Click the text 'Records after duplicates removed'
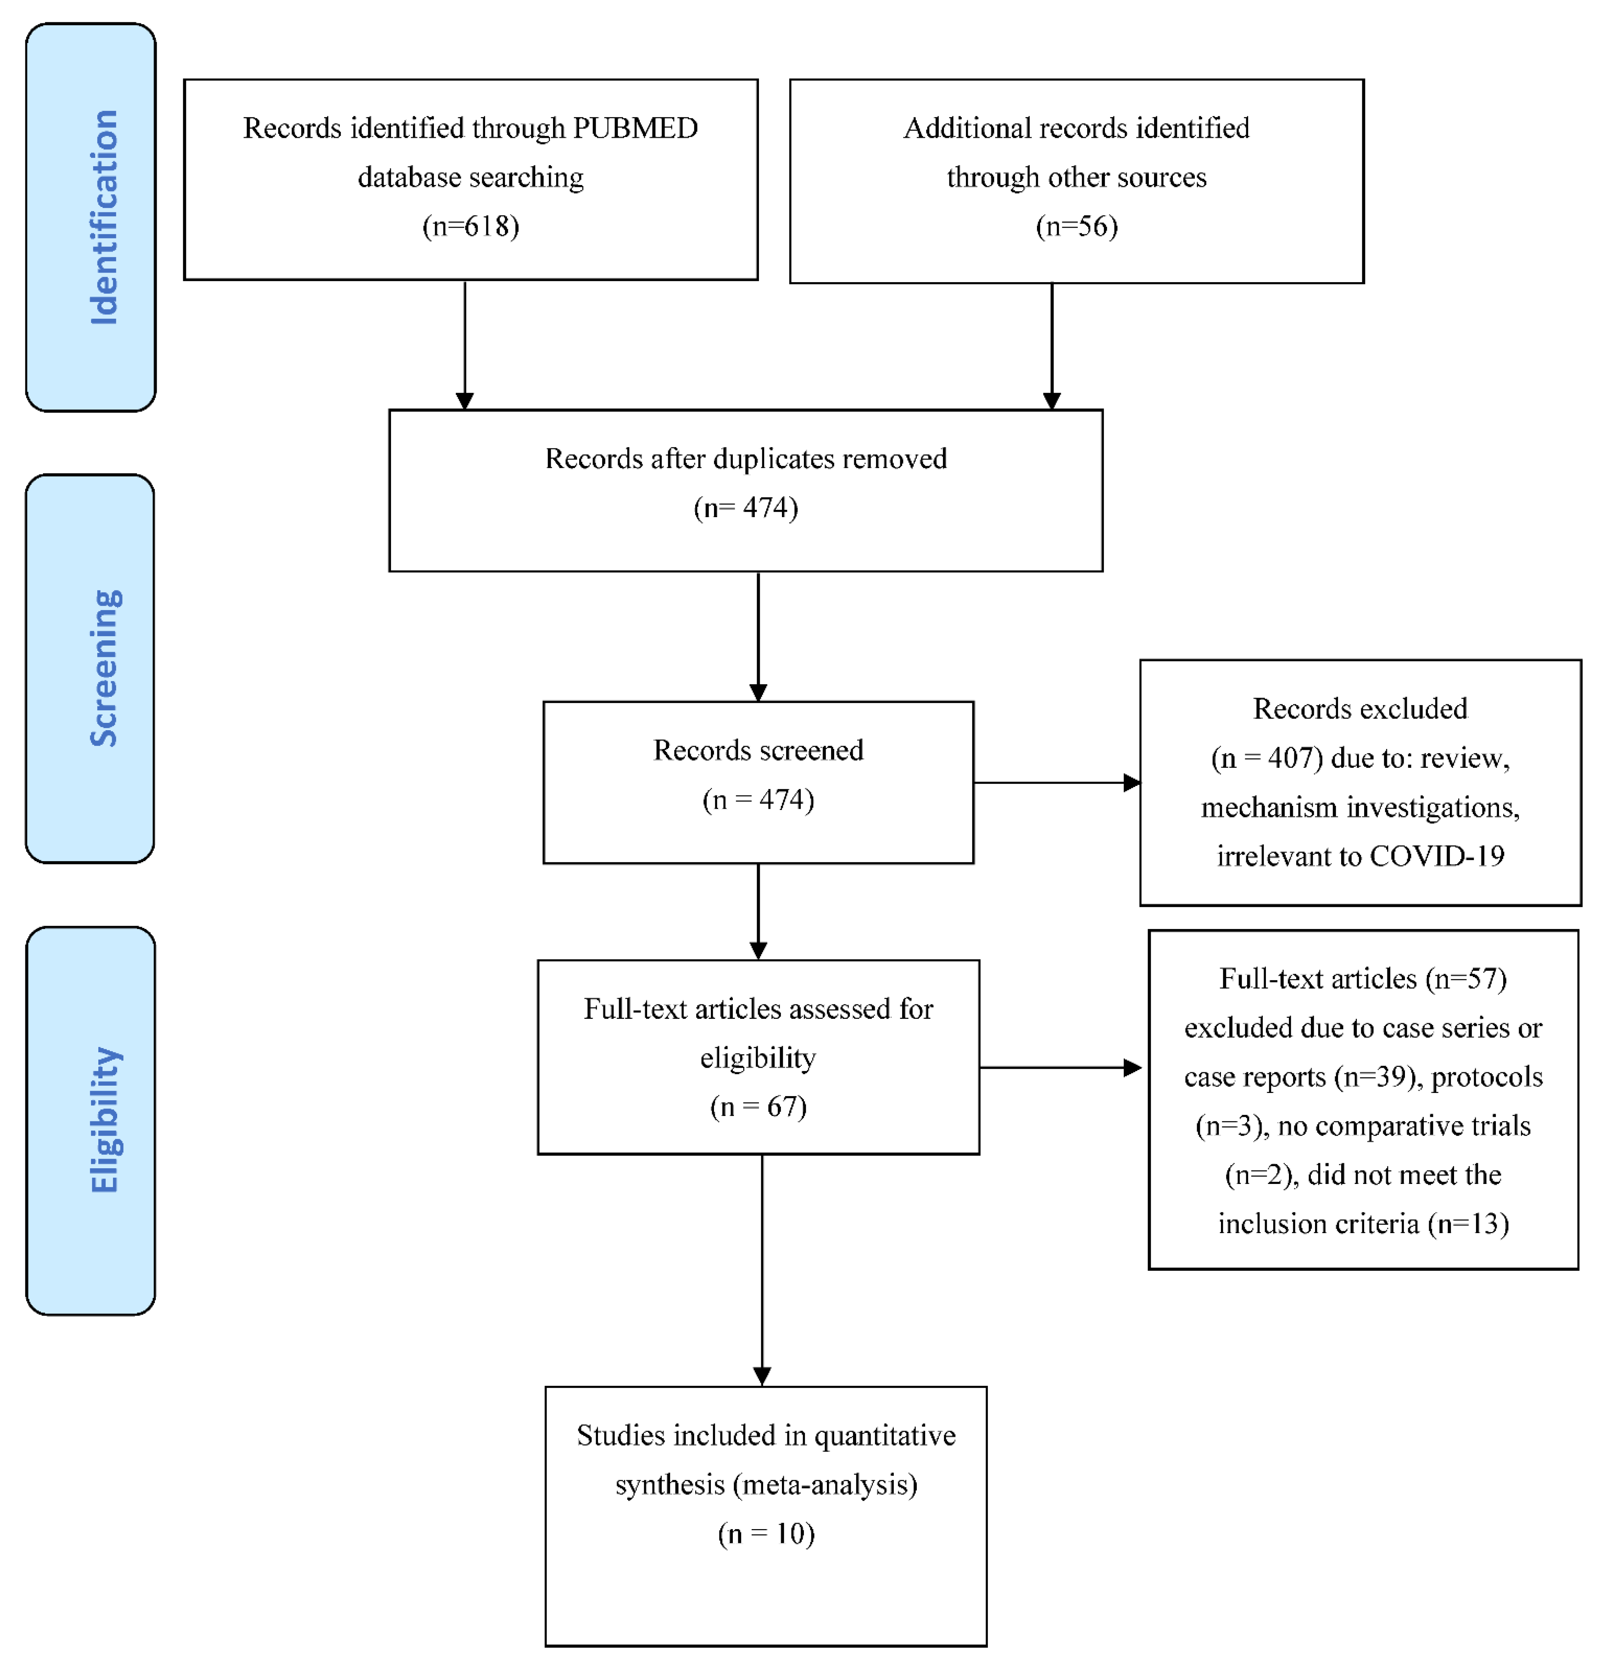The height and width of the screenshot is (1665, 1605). coord(745,459)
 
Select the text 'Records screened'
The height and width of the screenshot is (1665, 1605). coord(758,750)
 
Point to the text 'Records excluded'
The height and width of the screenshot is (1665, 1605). coord(1360,708)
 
